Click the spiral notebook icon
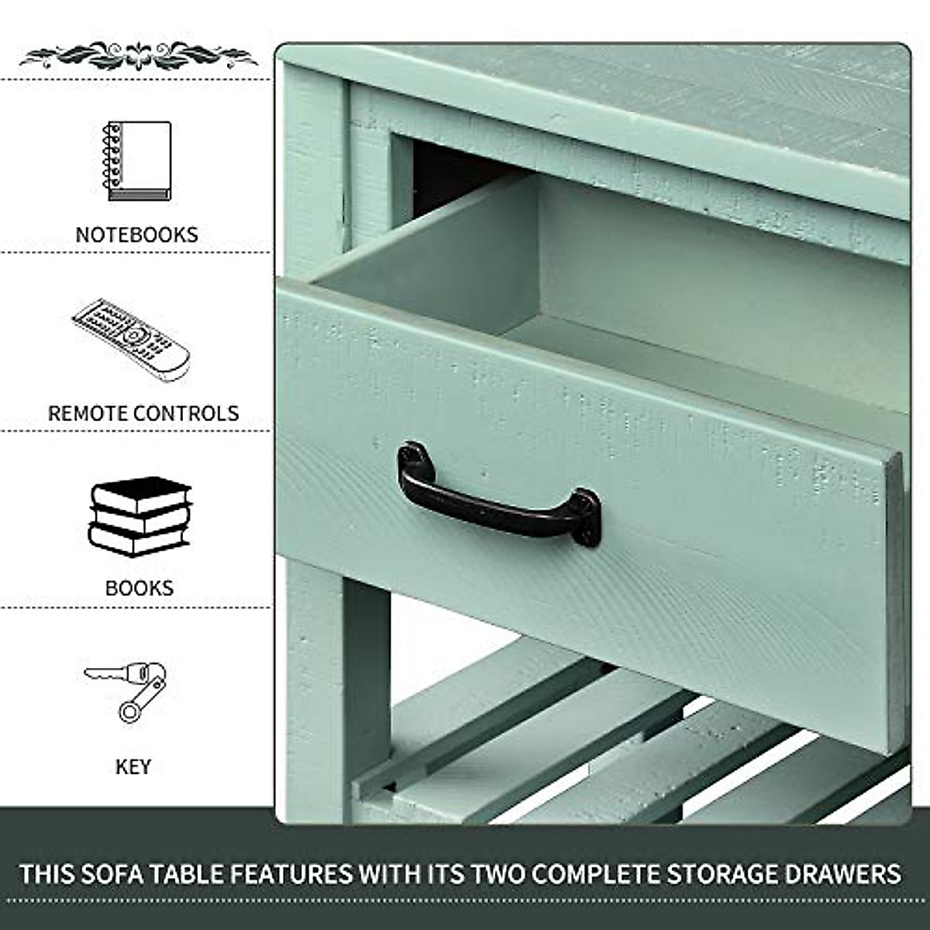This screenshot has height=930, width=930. tap(137, 161)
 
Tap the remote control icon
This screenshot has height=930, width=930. tap(131, 339)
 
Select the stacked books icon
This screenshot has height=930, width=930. tap(139, 516)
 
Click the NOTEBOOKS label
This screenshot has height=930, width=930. tap(136, 234)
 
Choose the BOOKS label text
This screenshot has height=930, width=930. tap(139, 587)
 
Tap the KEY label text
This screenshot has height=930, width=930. tap(133, 766)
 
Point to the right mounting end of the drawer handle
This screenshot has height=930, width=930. tap(587, 518)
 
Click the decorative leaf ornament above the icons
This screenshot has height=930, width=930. tap(137, 56)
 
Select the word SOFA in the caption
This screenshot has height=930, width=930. tap(106, 874)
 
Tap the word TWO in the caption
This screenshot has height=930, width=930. tap(497, 874)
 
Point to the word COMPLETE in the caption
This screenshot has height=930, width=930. tap(591, 874)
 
